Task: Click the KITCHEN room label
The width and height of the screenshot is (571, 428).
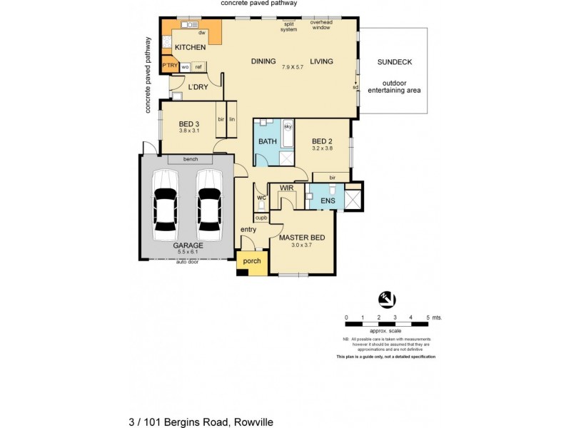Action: [x=190, y=47]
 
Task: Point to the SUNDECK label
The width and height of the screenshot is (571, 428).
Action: [x=394, y=62]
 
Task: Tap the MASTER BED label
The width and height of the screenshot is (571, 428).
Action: [x=302, y=237]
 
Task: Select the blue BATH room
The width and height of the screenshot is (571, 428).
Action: [x=268, y=142]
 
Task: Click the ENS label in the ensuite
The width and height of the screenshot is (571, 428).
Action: [x=328, y=202]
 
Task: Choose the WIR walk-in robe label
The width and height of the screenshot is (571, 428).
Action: [x=287, y=188]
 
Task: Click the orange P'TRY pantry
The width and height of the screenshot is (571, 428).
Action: [x=169, y=66]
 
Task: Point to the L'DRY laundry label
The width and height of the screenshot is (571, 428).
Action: [x=198, y=87]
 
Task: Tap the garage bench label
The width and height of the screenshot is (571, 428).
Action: [x=190, y=159]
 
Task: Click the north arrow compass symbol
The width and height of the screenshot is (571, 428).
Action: [x=386, y=300]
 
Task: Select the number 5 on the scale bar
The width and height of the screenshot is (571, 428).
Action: [x=428, y=317]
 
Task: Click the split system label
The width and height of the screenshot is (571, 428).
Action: [x=288, y=26]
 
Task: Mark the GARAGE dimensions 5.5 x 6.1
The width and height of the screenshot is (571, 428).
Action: [x=188, y=253]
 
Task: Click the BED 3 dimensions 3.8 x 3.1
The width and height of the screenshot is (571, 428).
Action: [x=188, y=131]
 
